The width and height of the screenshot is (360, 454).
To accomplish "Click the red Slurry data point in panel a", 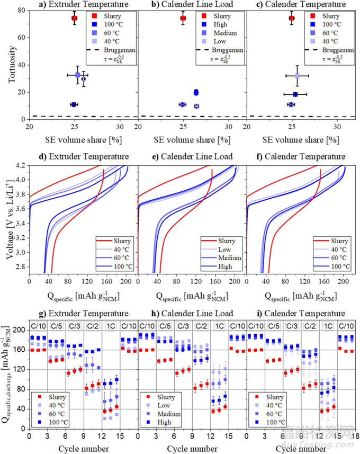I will point(75,18).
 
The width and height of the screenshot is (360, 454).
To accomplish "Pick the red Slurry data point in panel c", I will point(291,18).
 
